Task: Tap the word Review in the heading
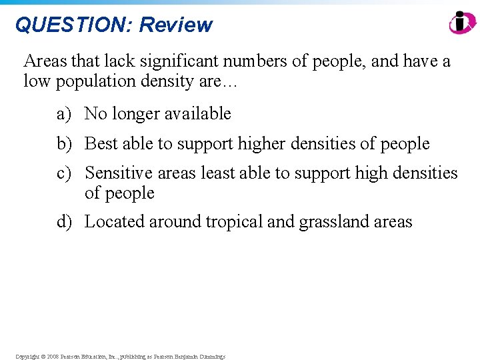[175, 25]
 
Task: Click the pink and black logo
[462, 23]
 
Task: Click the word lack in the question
[117, 62]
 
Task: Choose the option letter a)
[64, 114]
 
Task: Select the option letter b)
[64, 143]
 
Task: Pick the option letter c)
[64, 173]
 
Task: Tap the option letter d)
[64, 221]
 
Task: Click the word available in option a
[196, 114]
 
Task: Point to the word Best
[101, 143]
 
